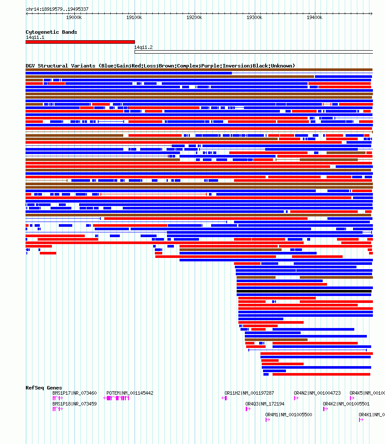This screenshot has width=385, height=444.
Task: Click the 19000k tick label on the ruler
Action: point(74,17)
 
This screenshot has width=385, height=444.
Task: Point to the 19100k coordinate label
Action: point(134,17)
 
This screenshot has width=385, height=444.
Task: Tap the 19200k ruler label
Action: point(194,17)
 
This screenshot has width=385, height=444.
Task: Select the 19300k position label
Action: point(254,17)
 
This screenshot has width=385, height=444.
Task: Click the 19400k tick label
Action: point(314,17)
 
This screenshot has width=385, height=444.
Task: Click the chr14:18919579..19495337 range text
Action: point(57,9)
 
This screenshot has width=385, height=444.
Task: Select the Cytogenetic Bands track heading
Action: point(51,32)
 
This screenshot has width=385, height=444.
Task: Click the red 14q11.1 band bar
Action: point(80,42)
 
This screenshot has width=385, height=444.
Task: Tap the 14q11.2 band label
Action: point(143,47)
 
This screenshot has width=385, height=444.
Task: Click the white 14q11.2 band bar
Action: point(253,52)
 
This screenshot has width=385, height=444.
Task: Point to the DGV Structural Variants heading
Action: point(160,66)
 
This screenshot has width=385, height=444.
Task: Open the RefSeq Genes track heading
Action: point(44,388)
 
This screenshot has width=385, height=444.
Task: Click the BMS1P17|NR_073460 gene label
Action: point(74,393)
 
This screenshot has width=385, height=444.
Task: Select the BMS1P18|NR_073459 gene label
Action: point(74,404)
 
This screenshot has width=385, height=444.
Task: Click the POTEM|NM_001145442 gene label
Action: point(130,393)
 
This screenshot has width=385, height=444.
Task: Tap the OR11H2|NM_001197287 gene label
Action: point(249,393)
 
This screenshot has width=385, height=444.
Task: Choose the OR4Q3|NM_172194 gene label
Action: point(265,404)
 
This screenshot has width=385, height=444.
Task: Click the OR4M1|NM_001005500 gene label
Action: point(289,415)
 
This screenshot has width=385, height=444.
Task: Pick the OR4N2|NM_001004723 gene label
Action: point(317,393)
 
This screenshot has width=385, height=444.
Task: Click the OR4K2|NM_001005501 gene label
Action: point(346,404)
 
